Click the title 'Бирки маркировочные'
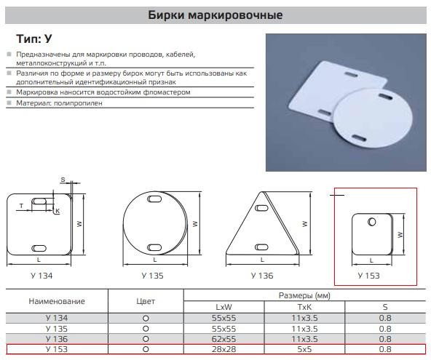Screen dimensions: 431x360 (x=215, y=15)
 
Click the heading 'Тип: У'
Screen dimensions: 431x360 (x=33, y=39)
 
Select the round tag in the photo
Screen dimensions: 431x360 (x=373, y=118)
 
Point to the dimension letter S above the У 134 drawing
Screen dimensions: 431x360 (x=63, y=180)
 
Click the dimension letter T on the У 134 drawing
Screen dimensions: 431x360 (x=21, y=206)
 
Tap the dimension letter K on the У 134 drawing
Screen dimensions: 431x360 (x=58, y=211)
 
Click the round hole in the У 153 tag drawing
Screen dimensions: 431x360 (x=372, y=221)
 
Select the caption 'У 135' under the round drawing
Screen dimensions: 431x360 (x=152, y=276)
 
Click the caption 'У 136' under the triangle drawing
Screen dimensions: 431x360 (x=262, y=276)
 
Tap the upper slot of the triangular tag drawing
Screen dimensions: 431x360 (x=261, y=208)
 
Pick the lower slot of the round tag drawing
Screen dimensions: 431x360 (x=154, y=248)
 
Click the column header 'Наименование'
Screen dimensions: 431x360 (x=57, y=301)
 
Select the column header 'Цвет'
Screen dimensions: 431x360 (x=146, y=301)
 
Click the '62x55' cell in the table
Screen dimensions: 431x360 (x=224, y=339)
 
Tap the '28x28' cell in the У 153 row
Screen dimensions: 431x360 (x=224, y=349)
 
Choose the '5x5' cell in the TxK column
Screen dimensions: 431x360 (x=304, y=349)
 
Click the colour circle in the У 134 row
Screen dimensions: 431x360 (x=146, y=319)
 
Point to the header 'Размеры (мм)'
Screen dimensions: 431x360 (x=304, y=295)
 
